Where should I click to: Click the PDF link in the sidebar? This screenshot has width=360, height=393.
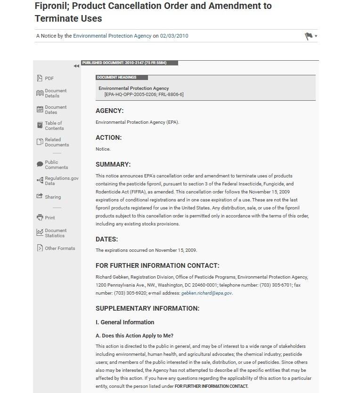tap(49, 79)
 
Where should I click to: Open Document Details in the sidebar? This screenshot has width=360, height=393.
tap(55, 93)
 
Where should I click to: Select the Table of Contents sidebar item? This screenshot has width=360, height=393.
tap(54, 126)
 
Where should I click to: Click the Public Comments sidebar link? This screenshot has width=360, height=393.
tap(56, 165)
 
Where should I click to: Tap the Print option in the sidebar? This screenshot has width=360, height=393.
tap(49, 218)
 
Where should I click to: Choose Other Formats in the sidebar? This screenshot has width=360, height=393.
tap(59, 249)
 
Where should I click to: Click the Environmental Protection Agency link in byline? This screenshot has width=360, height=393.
tap(112, 36)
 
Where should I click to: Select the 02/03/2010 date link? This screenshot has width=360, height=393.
tap(174, 36)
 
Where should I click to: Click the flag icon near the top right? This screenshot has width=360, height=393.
tap(309, 36)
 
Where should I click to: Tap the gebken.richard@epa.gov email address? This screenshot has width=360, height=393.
tap(206, 293)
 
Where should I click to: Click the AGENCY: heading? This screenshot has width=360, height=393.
tap(109, 111)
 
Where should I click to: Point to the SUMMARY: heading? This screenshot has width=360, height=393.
tap(113, 165)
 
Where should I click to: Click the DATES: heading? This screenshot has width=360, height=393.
tap(106, 239)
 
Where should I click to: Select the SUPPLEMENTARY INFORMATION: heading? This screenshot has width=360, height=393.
tap(147, 309)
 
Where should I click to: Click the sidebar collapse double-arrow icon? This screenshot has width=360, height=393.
tap(76, 66)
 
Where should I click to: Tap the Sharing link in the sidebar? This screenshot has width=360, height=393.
tap(52, 197)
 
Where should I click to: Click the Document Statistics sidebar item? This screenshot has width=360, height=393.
tap(55, 233)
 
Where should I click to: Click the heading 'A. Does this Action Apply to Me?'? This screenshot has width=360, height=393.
tap(134, 336)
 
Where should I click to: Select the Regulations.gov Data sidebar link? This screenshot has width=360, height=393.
tap(61, 181)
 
